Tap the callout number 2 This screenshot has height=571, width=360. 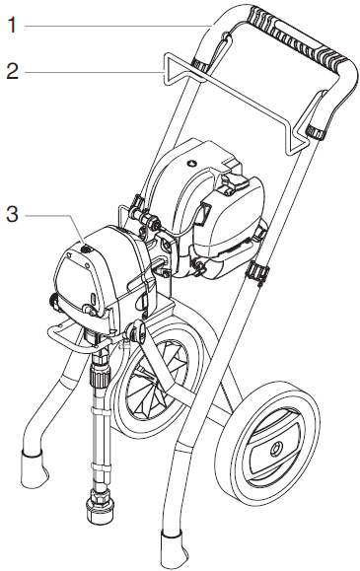tap(11, 72)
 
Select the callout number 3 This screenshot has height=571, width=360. tap(11, 212)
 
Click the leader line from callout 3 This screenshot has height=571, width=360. tap(49, 212)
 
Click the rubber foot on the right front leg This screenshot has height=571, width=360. tap(174, 548)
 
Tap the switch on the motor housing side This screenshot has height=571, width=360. tap(238, 181)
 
